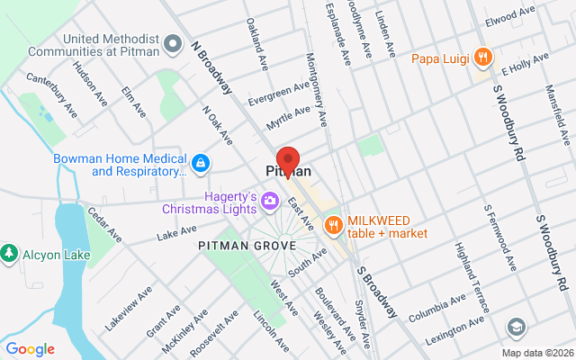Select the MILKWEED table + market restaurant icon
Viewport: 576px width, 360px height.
click(333, 224)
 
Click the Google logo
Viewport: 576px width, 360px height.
click(31, 348)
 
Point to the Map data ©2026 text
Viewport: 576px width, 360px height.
click(536, 352)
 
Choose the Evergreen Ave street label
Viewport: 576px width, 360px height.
click(279, 93)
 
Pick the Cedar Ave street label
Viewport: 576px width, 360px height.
click(104, 225)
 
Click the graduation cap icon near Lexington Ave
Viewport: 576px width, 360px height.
click(517, 326)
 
